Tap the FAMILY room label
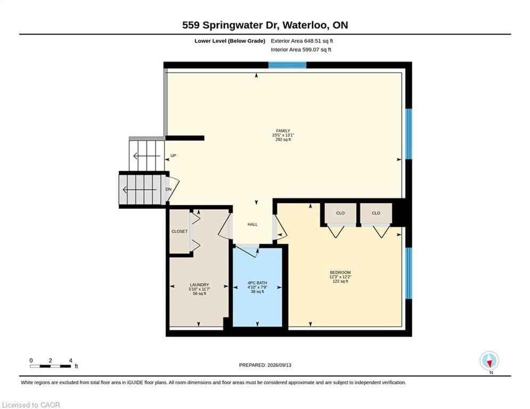(x=283, y=131)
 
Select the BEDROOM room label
(x=340, y=273)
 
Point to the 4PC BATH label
(x=257, y=283)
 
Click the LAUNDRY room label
(x=199, y=285)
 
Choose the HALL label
(x=252, y=224)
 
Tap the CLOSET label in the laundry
(x=180, y=232)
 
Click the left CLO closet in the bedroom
(x=340, y=214)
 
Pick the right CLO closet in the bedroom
(x=376, y=214)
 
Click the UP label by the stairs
(x=173, y=156)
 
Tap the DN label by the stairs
(x=168, y=190)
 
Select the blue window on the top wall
(x=287, y=65)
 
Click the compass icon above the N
(x=489, y=361)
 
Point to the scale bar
(x=51, y=366)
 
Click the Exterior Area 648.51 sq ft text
(x=302, y=41)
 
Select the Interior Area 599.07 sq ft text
(x=301, y=50)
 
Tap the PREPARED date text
(x=265, y=365)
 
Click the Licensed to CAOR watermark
(x=31, y=405)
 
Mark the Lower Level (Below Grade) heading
(x=230, y=41)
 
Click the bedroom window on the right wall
(x=409, y=273)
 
